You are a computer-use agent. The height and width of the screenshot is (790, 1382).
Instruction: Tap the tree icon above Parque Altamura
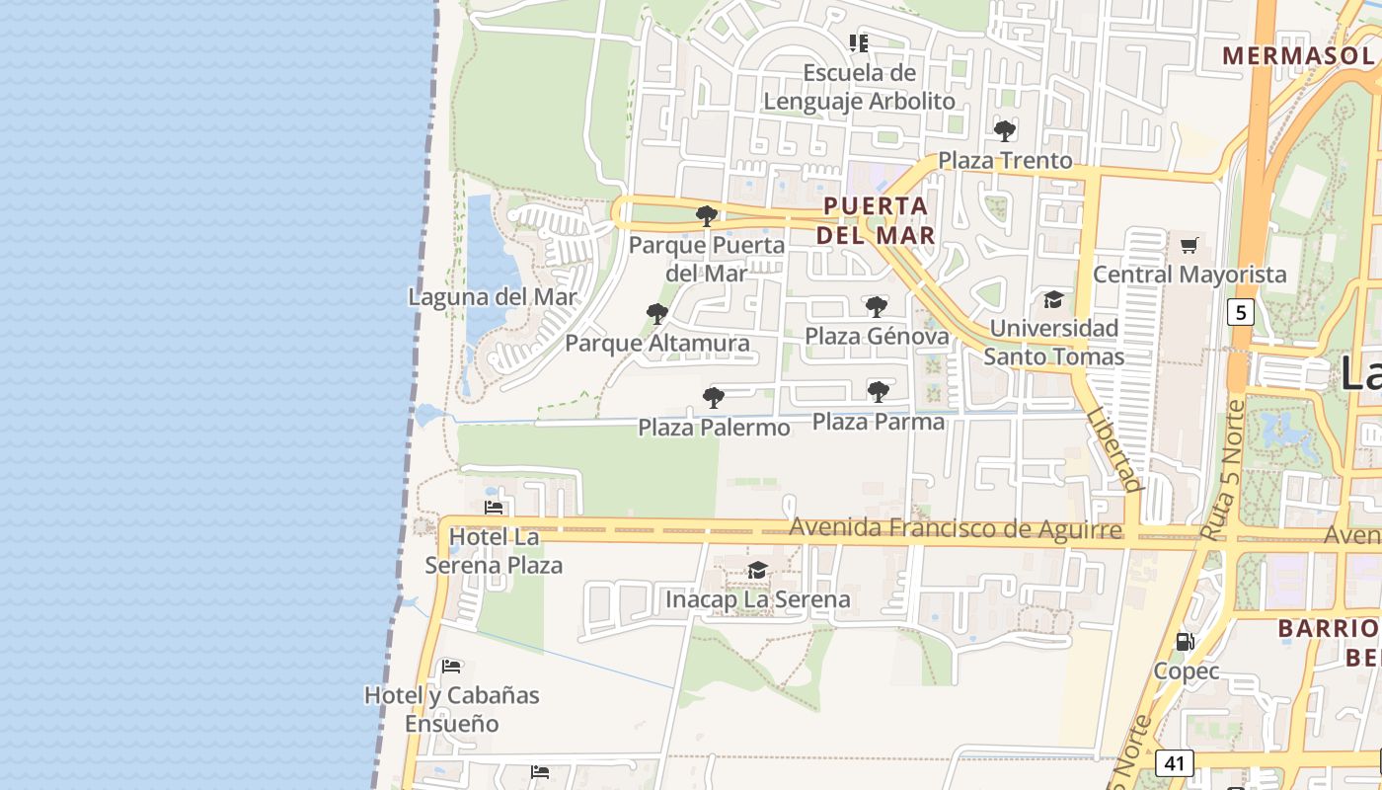tap(656, 314)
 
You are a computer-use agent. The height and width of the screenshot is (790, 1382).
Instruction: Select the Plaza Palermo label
tap(714, 428)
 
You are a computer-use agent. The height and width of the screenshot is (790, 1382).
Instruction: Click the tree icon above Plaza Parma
tap(878, 392)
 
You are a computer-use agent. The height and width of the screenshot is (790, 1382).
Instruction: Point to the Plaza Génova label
tap(877, 336)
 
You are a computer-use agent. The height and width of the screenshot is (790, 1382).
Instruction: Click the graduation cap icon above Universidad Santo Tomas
tap(1053, 299)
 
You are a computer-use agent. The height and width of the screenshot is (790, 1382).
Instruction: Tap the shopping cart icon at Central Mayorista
tap(1190, 245)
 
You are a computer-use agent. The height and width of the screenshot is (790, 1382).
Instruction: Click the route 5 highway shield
tap(1240, 313)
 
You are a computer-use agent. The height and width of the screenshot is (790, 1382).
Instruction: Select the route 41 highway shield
tap(1174, 763)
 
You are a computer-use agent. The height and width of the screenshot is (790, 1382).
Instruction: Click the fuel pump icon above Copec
tap(1186, 642)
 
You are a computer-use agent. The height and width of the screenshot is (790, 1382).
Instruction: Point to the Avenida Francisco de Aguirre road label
tap(956, 529)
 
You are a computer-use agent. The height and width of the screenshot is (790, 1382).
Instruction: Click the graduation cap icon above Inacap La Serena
tap(757, 571)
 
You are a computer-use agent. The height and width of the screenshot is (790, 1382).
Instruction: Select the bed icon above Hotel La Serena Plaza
tap(494, 508)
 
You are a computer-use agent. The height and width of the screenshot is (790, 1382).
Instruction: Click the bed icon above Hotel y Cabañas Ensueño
tap(451, 666)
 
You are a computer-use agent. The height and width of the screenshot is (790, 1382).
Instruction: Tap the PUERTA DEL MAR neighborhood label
tap(875, 220)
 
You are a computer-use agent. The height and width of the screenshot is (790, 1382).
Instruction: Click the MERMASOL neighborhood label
tap(1298, 55)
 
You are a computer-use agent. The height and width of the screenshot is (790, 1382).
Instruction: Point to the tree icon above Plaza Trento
tap(1005, 130)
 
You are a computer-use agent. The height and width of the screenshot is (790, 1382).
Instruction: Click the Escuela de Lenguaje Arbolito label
tap(859, 87)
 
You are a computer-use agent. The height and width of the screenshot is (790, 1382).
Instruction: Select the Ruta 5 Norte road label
tap(1222, 468)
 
